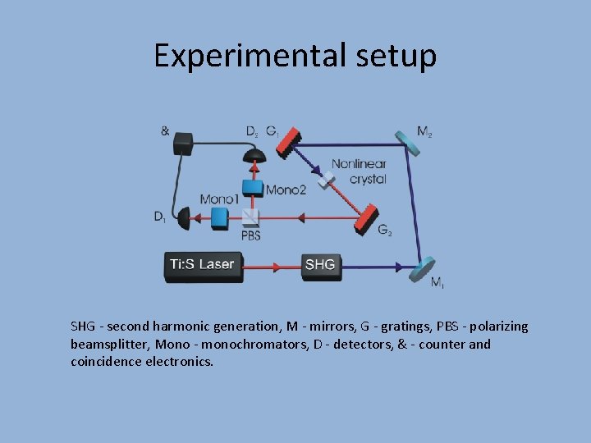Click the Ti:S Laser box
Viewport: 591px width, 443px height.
tap(204, 265)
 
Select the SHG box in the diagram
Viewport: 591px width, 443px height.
tap(319, 264)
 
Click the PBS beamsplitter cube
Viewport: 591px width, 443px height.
tap(250, 216)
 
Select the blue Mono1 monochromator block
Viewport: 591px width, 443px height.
tap(218, 217)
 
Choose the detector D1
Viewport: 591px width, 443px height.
tap(183, 217)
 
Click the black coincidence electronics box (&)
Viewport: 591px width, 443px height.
tap(182, 144)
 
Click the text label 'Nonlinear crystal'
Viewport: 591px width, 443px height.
tap(359, 171)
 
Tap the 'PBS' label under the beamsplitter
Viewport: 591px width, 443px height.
tap(251, 235)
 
